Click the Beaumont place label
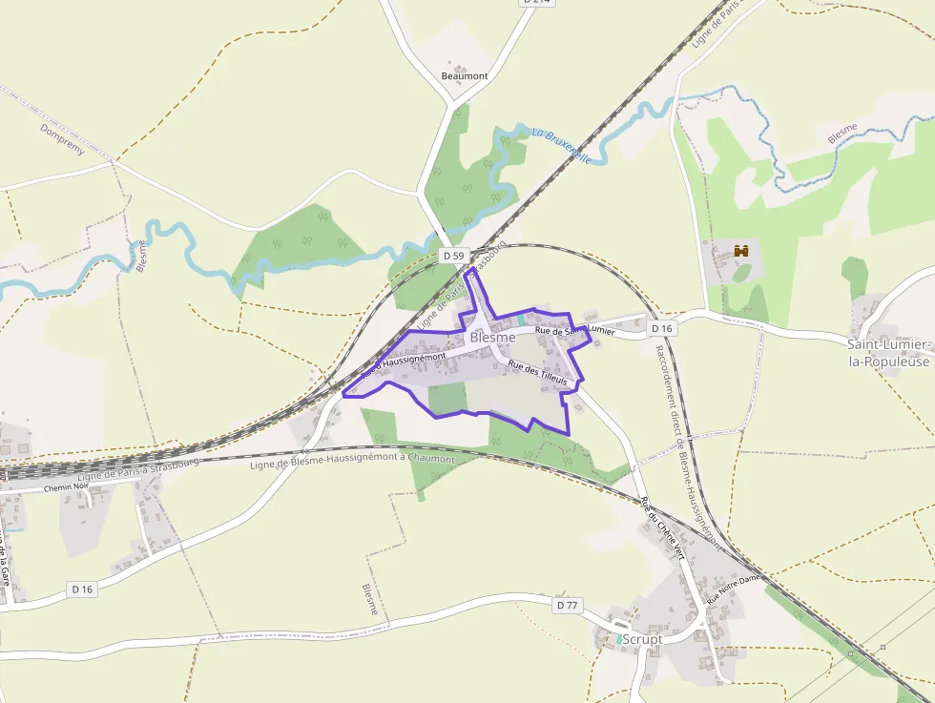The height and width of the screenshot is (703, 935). (465, 76)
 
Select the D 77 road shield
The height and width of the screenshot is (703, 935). (567, 605)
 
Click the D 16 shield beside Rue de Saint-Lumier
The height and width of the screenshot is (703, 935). (661, 328)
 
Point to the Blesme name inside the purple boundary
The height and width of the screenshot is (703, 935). (492, 338)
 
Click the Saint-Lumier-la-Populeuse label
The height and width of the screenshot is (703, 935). (887, 352)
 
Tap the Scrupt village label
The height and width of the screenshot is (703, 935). (642, 639)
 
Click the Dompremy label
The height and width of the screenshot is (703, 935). (63, 139)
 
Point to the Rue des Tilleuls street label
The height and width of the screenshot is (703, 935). (537, 373)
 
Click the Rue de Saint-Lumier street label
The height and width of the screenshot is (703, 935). (574, 330)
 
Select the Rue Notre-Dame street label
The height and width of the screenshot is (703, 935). (734, 589)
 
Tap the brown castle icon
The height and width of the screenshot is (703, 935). (739, 251)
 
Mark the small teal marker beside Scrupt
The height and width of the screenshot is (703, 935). (619, 638)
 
